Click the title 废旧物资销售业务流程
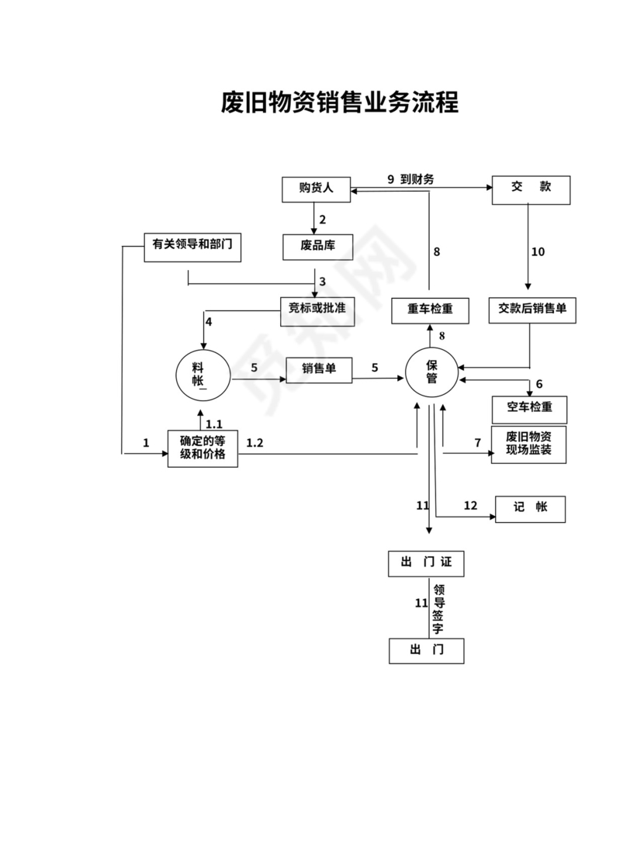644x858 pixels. click(x=340, y=102)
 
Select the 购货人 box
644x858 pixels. click(x=316, y=189)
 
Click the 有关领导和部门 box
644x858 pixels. click(x=192, y=246)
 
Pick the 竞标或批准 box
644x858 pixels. click(x=317, y=310)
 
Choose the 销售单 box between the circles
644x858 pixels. click(x=319, y=369)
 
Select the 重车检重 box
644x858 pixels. click(x=429, y=310)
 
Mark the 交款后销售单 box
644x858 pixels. click(x=531, y=310)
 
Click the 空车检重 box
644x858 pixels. click(x=529, y=409)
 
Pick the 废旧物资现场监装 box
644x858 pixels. click(x=528, y=445)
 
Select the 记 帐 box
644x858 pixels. click(x=530, y=508)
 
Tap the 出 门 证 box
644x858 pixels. click(x=426, y=564)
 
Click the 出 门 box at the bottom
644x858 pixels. click(x=426, y=651)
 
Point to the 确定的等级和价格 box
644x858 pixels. click(x=203, y=448)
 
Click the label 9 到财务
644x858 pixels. click(x=410, y=179)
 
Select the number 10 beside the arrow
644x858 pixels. click(x=538, y=252)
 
